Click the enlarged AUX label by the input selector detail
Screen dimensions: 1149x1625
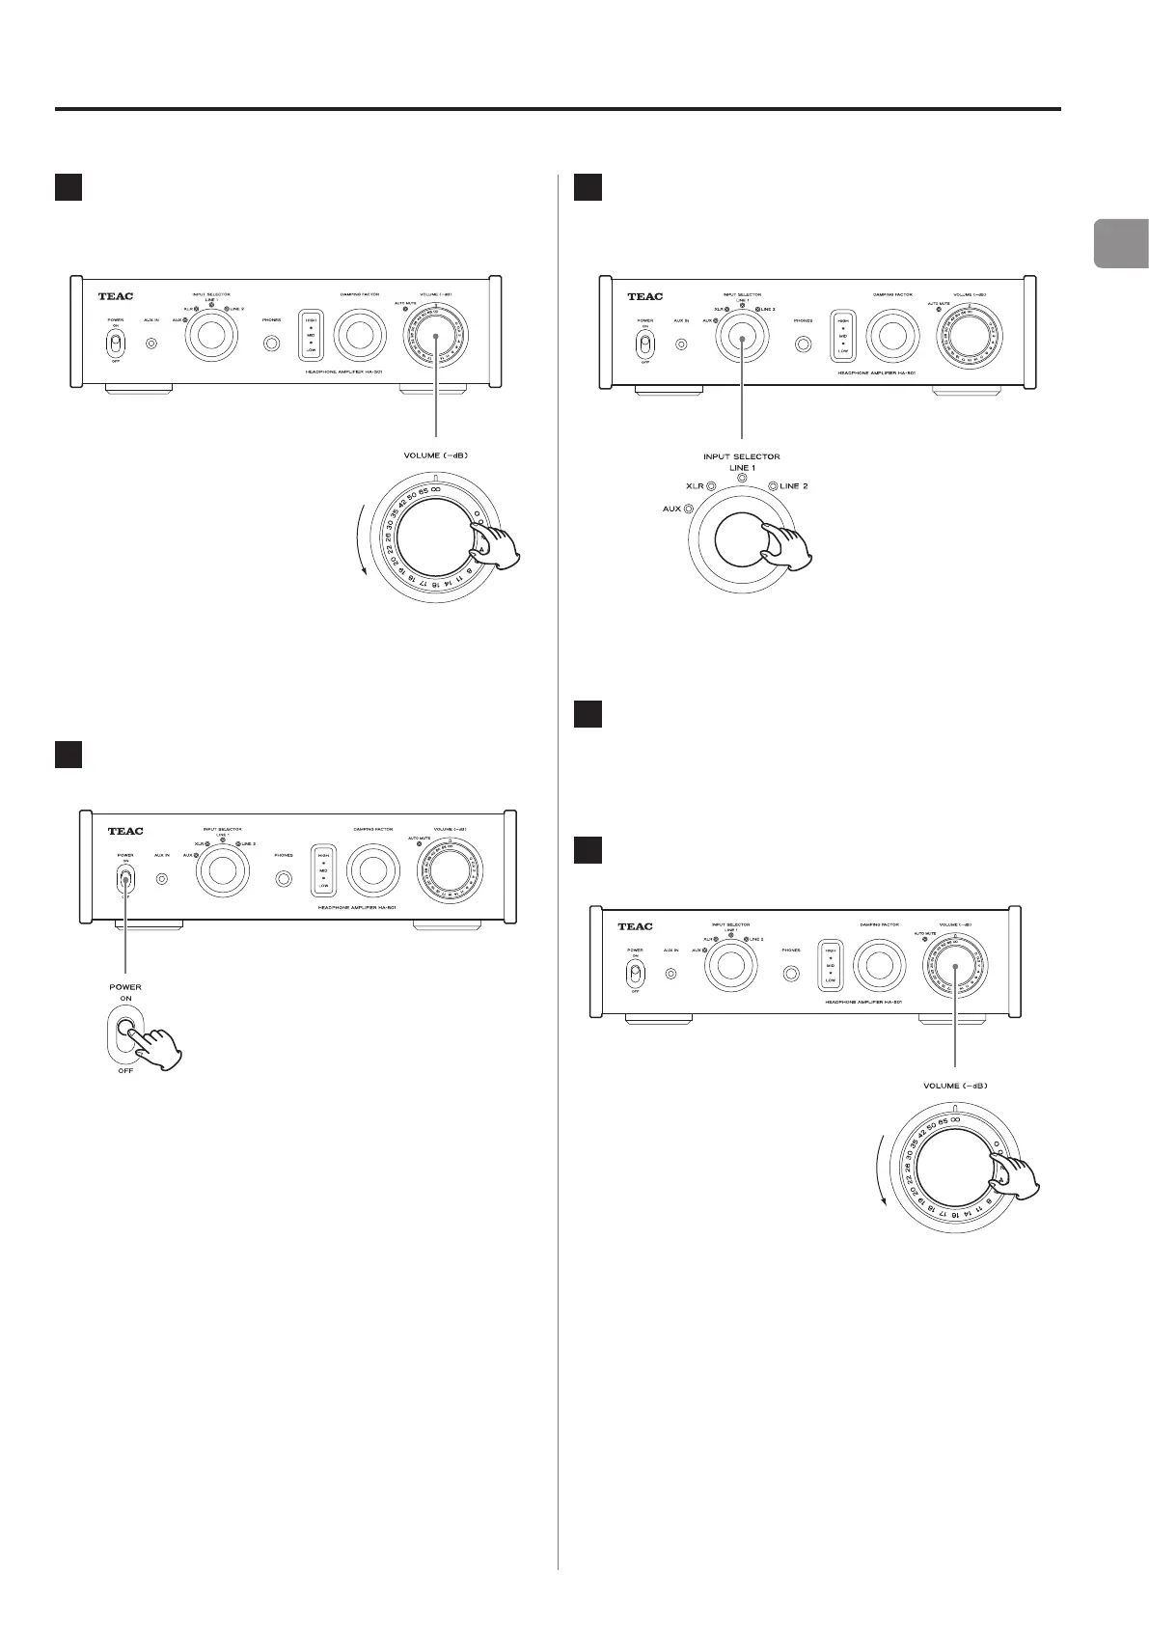671,509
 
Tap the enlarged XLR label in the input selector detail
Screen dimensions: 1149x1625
695,486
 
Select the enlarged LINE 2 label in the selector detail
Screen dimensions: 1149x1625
793,486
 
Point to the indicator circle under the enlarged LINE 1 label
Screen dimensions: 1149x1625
742,480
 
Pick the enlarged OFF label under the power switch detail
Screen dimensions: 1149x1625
125,1072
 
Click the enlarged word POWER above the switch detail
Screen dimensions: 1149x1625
125,987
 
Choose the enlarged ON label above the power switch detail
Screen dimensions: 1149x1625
125,999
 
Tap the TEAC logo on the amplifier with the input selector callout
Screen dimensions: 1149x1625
644,297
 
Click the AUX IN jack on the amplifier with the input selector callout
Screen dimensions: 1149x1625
682,344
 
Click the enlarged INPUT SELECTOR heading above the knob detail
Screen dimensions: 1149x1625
742,455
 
